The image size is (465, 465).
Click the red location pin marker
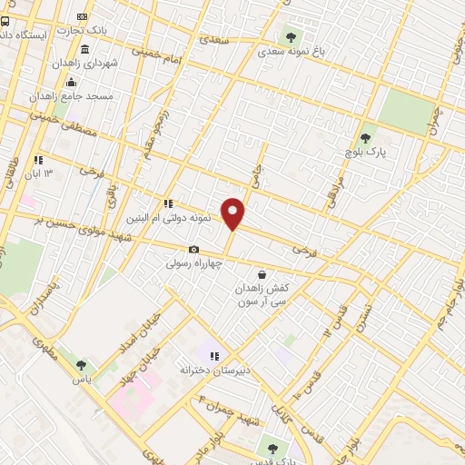pos(233,213)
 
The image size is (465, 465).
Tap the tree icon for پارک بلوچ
pos(365,139)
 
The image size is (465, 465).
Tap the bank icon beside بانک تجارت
pos(83,16)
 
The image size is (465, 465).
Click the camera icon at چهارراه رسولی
pos(193,249)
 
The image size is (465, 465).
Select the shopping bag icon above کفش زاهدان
pos(262,273)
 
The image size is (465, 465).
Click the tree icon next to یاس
pos(81,365)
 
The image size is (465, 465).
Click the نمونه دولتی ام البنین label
pos(194,218)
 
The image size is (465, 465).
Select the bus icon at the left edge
pos(5,22)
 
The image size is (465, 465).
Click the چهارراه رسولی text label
pos(193,263)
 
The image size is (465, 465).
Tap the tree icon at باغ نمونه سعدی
pos(291,37)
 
